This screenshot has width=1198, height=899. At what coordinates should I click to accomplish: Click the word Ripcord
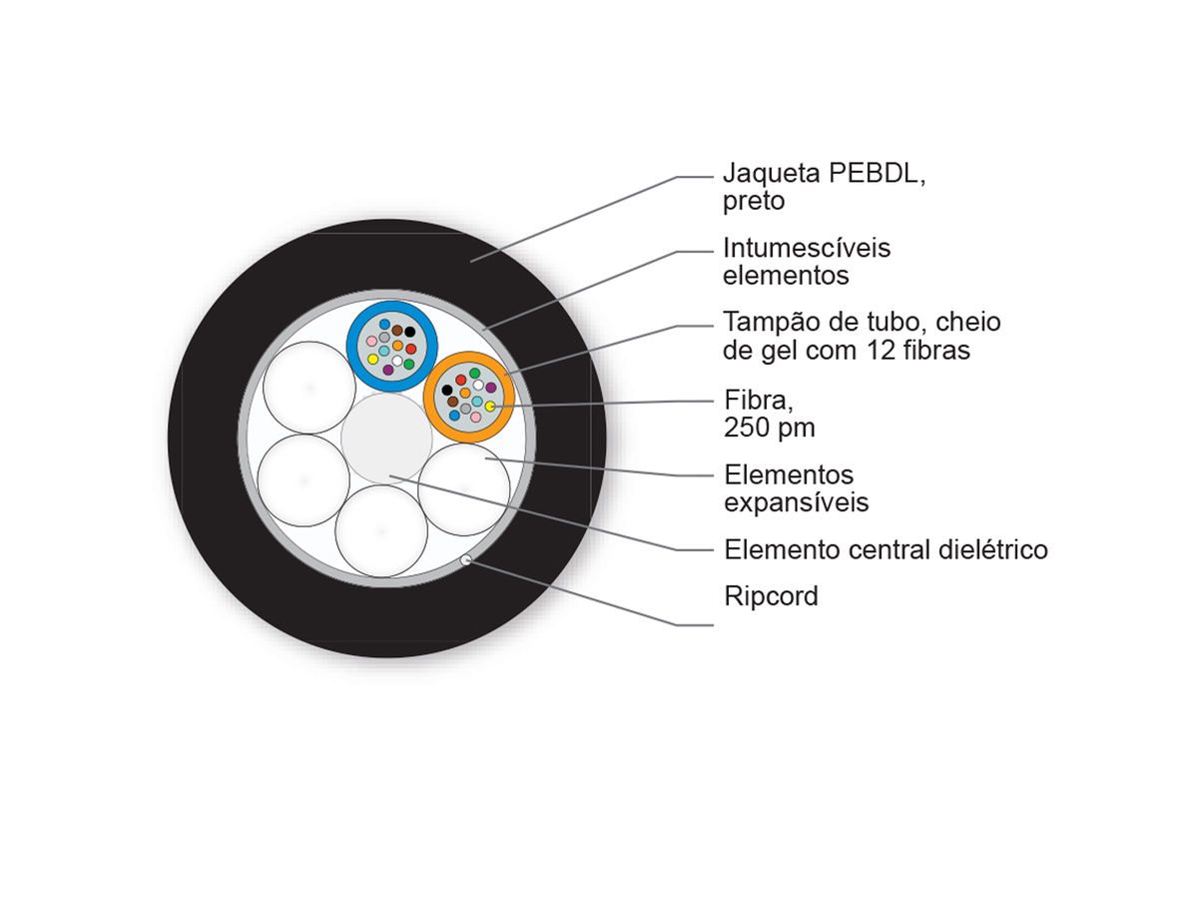tap(771, 596)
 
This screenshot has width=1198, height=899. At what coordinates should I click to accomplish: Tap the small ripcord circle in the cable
tap(465, 560)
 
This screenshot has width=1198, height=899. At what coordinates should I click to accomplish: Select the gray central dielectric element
tap(386, 439)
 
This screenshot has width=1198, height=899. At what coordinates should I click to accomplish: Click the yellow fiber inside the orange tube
tap(490, 407)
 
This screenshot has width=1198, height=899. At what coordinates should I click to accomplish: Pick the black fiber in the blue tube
tap(410, 332)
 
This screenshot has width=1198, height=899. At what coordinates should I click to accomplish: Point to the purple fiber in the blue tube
tap(388, 370)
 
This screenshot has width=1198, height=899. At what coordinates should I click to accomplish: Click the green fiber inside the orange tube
tap(474, 374)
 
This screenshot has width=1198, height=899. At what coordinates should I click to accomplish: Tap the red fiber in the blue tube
tap(411, 349)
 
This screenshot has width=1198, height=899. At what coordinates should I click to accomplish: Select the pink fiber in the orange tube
tap(475, 417)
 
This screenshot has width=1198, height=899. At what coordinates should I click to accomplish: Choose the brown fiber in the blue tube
tap(396, 331)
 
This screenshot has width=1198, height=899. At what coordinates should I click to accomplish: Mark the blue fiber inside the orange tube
tap(454, 416)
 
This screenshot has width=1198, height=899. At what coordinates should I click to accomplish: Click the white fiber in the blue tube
tap(397, 361)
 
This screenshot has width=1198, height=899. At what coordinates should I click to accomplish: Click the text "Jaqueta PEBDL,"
tap(825, 175)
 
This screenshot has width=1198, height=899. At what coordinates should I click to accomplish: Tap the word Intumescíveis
tap(807, 249)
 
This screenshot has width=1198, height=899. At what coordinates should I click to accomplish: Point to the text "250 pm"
tap(769, 428)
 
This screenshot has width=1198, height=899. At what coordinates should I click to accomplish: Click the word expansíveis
tap(797, 502)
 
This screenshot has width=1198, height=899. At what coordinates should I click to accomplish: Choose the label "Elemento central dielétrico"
tap(886, 549)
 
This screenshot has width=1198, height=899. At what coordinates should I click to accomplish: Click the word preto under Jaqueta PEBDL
tap(754, 202)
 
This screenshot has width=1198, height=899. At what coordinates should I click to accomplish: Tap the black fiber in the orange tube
tap(447, 390)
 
